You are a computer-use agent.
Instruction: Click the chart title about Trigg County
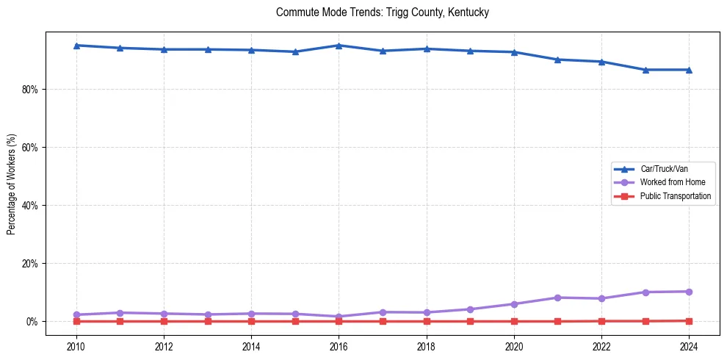(382, 12)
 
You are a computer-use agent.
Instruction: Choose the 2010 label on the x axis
(76, 346)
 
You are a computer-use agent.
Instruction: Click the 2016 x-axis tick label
(339, 346)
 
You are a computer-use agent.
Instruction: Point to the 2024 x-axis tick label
(689, 346)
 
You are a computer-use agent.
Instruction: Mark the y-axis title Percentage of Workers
(12, 184)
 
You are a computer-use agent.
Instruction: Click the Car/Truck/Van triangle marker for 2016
(339, 46)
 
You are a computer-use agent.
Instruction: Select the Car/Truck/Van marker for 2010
(76, 46)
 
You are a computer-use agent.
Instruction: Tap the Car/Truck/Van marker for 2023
(645, 70)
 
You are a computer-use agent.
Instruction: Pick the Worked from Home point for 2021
(558, 298)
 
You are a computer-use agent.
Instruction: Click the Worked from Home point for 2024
(689, 292)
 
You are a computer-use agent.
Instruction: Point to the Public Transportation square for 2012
(164, 321)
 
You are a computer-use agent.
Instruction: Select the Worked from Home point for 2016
(339, 317)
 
